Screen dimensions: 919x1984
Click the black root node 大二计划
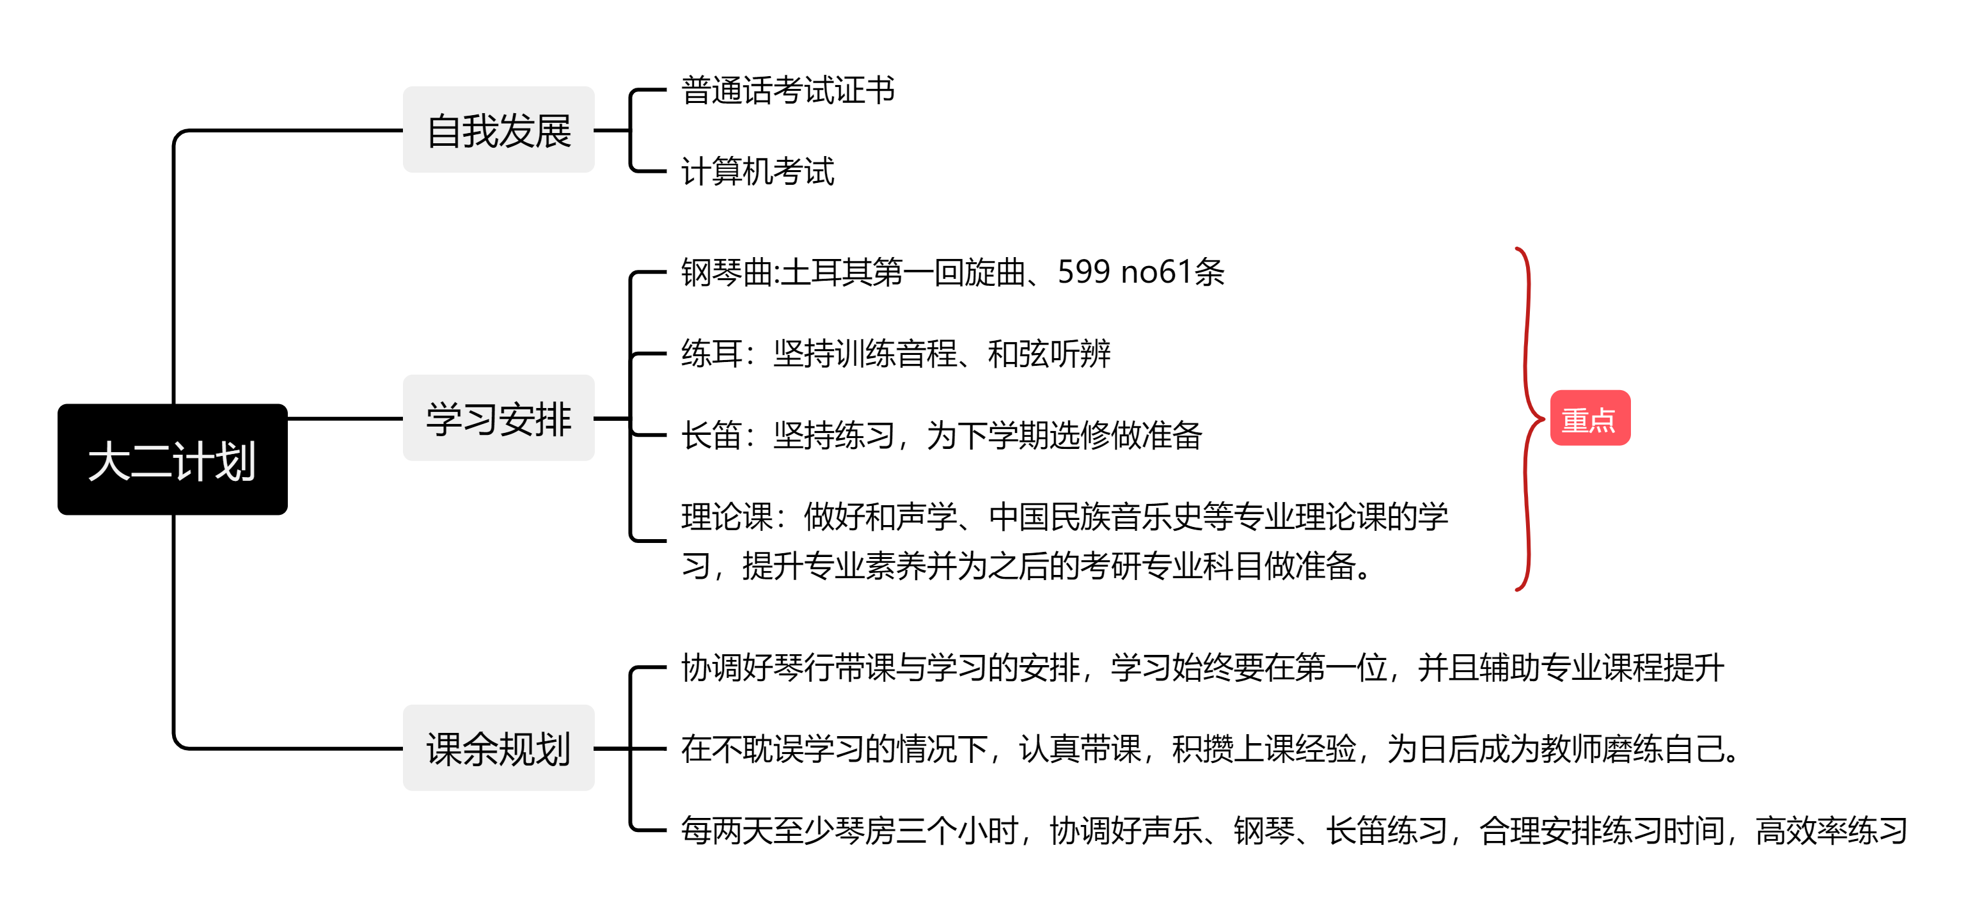pos(173,460)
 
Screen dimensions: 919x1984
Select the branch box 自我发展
pos(498,130)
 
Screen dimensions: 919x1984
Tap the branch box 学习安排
pos(498,418)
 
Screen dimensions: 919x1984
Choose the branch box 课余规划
pos(498,748)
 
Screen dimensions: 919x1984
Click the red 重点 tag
pos(1589,418)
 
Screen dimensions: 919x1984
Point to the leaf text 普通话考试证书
pos(787,90)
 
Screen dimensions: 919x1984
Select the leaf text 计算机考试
pos(757,171)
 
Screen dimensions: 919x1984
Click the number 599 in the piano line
pos(1083,272)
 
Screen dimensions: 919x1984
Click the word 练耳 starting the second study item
pos(711,354)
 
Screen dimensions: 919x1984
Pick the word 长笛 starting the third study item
pos(711,436)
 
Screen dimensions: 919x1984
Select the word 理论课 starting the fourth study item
pos(727,517)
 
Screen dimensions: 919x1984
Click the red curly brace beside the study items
pos(1527,418)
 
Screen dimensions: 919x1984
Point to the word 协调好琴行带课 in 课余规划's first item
pos(787,668)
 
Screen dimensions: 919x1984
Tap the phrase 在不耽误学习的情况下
pos(833,749)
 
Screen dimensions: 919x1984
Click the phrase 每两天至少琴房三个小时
pos(849,830)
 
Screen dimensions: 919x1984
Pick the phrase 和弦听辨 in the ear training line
pos(1049,354)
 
